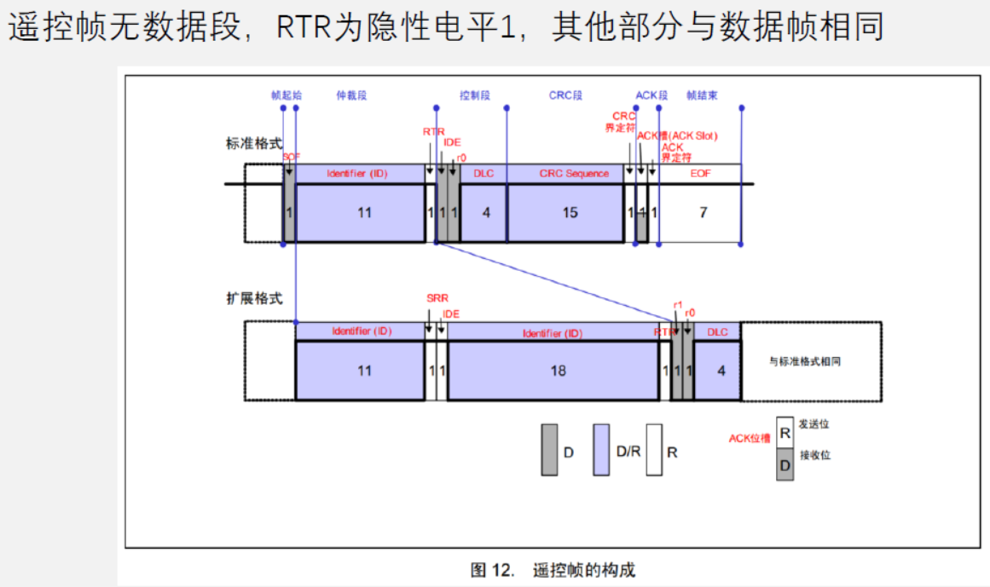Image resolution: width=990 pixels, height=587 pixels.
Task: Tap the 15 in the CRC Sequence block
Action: [570, 212]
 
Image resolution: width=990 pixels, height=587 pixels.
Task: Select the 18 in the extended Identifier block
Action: [559, 370]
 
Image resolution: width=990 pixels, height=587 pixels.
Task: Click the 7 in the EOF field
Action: [703, 212]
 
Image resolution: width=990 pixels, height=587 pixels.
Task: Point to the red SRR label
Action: [437, 299]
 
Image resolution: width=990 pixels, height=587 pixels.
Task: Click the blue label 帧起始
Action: [286, 95]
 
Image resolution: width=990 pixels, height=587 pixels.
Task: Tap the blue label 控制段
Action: [475, 95]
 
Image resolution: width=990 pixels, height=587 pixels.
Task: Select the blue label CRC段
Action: [565, 95]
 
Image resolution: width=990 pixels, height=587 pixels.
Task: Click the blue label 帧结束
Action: [702, 95]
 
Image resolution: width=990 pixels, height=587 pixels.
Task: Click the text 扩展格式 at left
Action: [253, 299]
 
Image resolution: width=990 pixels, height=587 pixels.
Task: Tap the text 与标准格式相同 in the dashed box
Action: [811, 361]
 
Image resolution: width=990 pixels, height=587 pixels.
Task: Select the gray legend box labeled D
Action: [550, 449]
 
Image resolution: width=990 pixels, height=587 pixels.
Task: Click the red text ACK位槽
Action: [750, 438]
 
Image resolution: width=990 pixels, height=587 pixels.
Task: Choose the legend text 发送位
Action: [813, 423]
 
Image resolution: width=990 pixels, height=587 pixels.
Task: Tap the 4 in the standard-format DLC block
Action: [486, 212]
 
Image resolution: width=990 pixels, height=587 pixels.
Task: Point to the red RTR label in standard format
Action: [433, 132]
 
